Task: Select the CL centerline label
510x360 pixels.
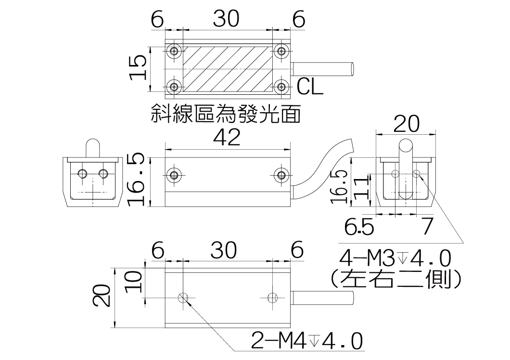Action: (x=310, y=87)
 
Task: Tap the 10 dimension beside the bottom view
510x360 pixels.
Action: (x=135, y=281)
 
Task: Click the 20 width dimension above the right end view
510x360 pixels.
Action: (x=406, y=124)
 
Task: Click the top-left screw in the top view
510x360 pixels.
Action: (x=175, y=51)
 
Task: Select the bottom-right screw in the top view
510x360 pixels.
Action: (x=281, y=87)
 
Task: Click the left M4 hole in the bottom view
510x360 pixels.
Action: (x=183, y=298)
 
